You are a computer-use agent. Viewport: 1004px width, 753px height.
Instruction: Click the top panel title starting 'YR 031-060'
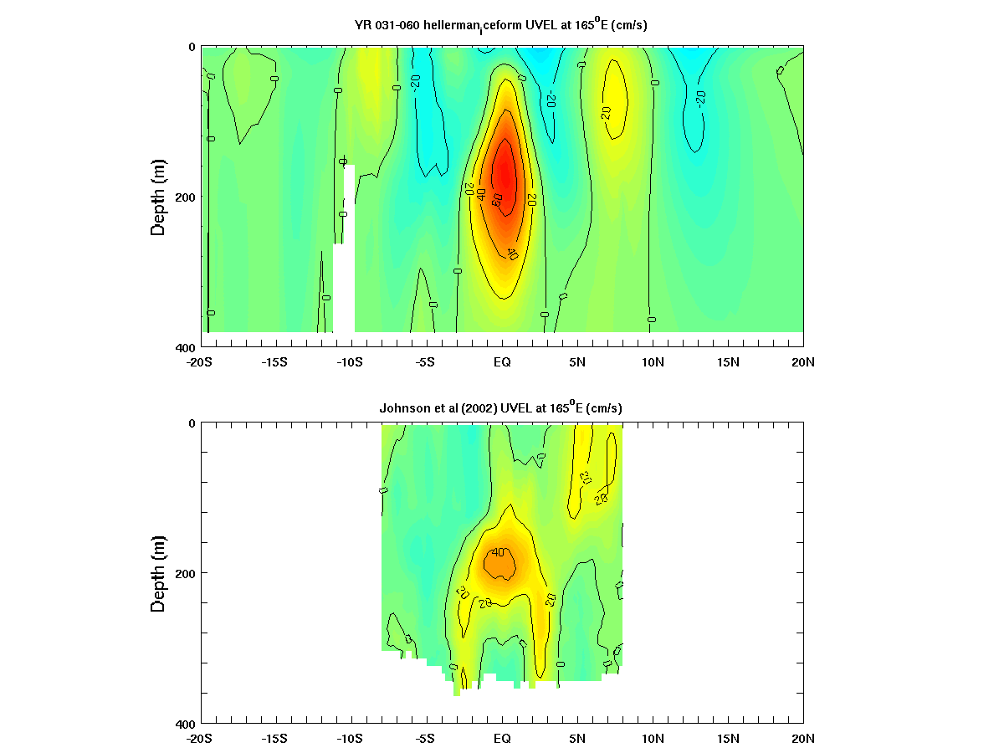(x=500, y=26)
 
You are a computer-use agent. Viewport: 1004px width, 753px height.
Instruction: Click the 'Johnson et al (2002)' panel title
(x=500, y=407)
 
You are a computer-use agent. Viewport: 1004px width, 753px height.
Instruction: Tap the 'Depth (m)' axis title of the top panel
(x=158, y=197)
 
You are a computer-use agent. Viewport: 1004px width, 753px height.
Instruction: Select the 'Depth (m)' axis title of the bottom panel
(x=158, y=573)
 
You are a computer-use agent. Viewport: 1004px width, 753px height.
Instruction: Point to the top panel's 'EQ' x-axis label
(x=502, y=362)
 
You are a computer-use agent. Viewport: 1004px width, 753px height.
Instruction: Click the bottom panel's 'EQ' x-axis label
(x=502, y=739)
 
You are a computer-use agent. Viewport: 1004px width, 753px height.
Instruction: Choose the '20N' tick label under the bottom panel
(x=803, y=739)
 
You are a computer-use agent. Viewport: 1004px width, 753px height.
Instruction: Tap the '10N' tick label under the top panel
(x=653, y=362)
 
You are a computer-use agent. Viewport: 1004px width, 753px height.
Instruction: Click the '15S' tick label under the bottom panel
(x=274, y=739)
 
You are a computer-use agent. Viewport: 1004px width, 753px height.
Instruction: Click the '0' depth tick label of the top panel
(x=192, y=47)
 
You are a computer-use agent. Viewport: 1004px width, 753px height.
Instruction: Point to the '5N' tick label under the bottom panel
(x=577, y=739)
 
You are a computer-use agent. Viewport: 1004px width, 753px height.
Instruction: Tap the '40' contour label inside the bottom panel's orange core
(x=499, y=552)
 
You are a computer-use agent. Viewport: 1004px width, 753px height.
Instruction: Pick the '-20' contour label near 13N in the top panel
(x=699, y=97)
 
